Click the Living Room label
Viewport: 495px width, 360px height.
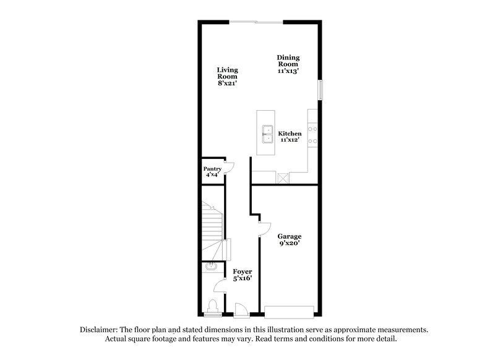coord(227,74)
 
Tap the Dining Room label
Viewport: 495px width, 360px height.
coord(288,60)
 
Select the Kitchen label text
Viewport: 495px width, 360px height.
coord(290,134)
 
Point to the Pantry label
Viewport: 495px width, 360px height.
coord(212,169)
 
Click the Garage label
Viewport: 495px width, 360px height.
coord(289,236)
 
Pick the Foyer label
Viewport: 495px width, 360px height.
coord(242,272)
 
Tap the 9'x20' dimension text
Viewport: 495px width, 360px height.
coord(289,244)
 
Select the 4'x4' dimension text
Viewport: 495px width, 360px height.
coord(212,176)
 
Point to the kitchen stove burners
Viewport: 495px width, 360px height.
coord(314,135)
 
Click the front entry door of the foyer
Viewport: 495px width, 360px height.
coord(241,309)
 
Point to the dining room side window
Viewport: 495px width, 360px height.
coord(320,89)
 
